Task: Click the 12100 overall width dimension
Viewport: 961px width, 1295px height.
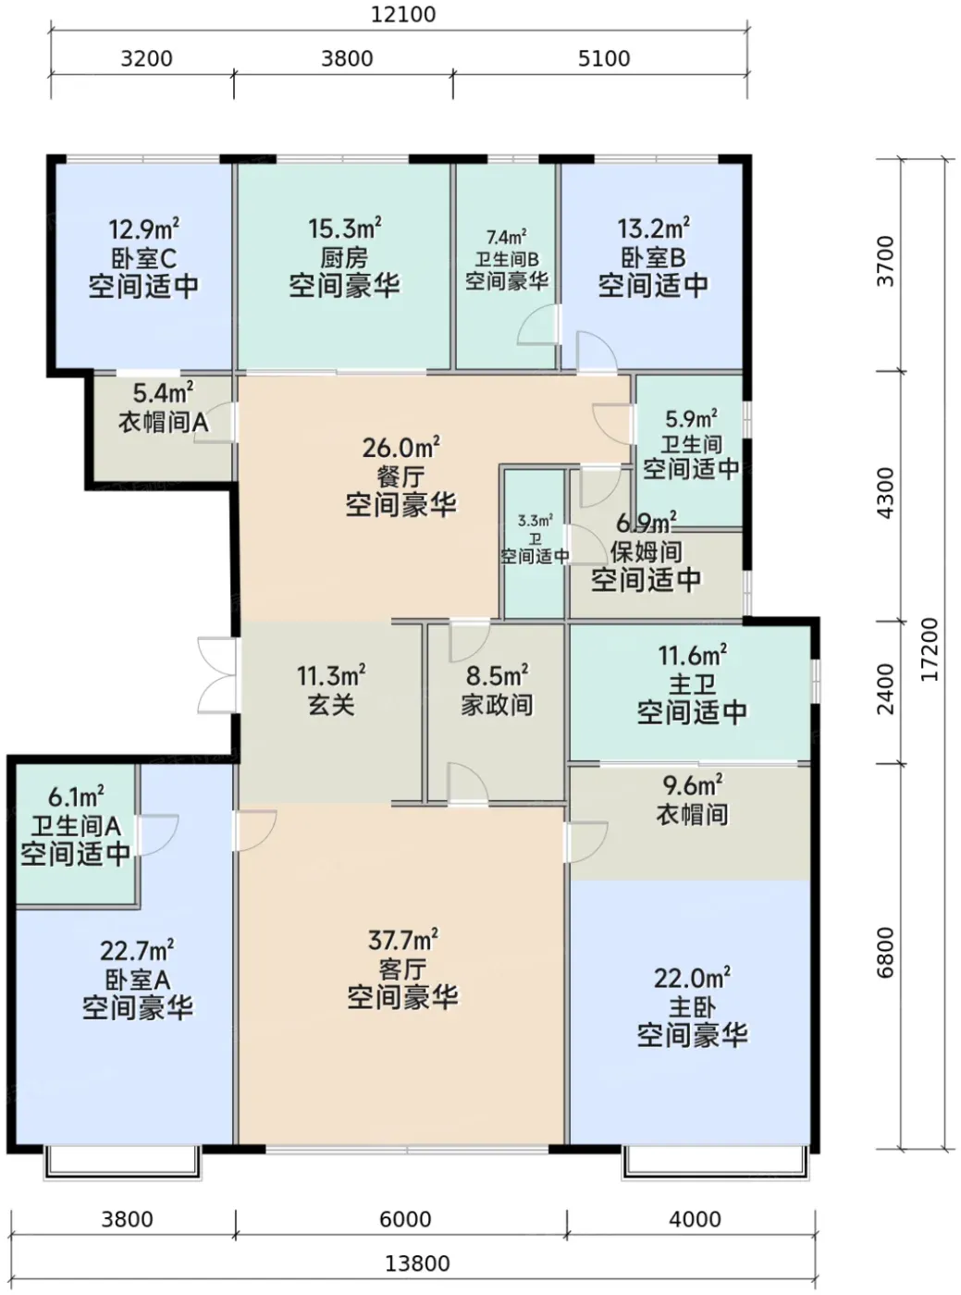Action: tap(403, 14)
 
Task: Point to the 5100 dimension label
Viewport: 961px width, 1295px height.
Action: tap(604, 58)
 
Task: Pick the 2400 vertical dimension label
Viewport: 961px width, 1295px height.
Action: tap(886, 689)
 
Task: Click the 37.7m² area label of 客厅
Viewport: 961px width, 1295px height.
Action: tap(403, 940)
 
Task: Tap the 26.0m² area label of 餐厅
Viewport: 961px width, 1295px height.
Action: tap(401, 447)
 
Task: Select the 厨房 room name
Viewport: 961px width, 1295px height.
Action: tap(344, 257)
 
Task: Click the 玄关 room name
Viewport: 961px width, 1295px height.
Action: tap(331, 705)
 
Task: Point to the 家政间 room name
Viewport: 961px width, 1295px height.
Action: tap(497, 705)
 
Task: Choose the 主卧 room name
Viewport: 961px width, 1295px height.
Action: tap(692, 1006)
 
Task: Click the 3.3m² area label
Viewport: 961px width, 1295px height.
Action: tap(536, 520)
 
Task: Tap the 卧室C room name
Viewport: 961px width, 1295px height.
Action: tap(143, 257)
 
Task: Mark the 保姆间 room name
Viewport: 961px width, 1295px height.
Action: tap(647, 551)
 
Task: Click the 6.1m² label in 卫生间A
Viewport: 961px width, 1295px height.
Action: tap(77, 797)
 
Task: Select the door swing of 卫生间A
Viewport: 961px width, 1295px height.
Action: tap(156, 834)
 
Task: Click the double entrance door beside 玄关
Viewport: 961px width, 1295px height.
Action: tap(217, 675)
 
